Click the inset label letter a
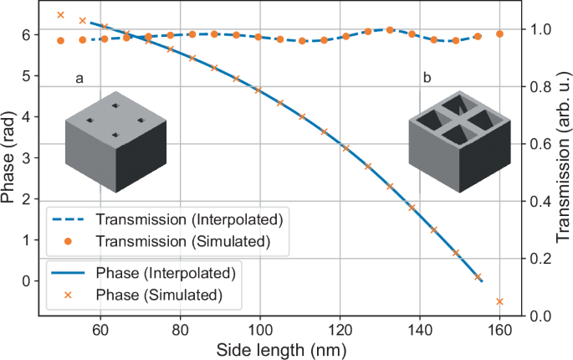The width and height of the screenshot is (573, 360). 79,79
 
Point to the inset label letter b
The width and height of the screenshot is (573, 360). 427,79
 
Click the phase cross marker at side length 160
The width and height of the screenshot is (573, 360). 499,301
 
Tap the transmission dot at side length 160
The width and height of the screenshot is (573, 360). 499,34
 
